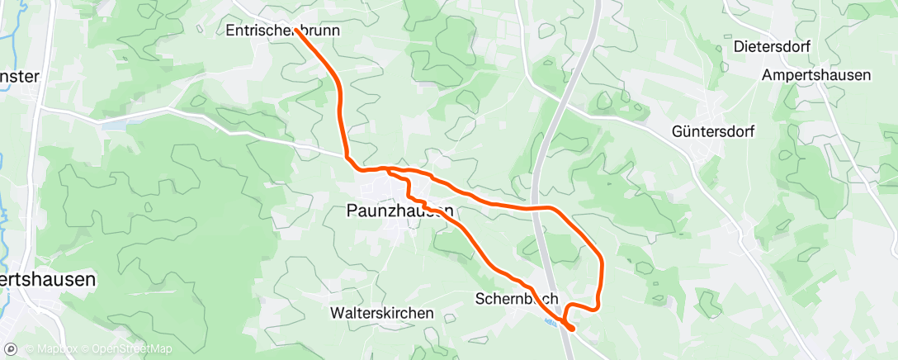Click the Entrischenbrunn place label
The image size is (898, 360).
click(282, 31)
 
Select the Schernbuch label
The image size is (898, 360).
click(518, 298)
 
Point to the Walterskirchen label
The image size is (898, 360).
click(381, 314)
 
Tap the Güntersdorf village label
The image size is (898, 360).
click(713, 131)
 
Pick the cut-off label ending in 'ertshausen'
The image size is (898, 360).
click(47, 280)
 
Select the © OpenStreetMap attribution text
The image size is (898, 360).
click(121, 349)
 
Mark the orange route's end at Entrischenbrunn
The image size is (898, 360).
click(295, 30)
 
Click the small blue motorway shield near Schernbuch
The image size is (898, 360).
click(551, 323)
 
